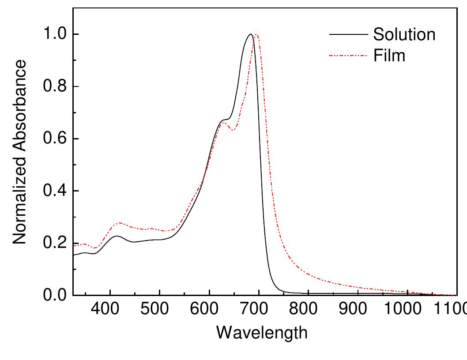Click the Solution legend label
click(x=404, y=34)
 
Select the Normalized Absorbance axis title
click(x=20, y=153)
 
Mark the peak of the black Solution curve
click(x=251, y=34)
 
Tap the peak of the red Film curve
click(x=256, y=34)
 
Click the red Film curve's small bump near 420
click(x=119, y=223)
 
